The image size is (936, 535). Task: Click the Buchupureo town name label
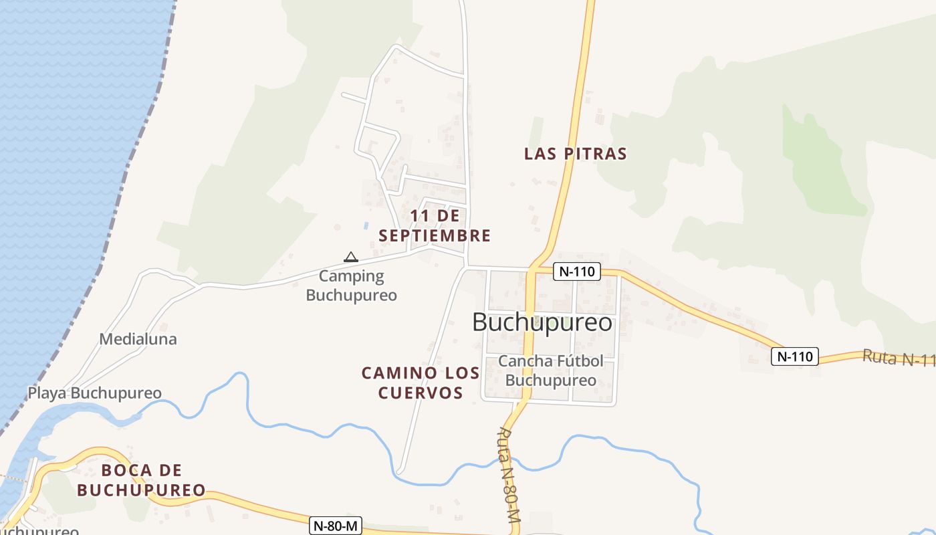(542, 322)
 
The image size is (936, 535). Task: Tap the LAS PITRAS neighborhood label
(575, 154)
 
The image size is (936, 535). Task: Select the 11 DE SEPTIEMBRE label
(435, 226)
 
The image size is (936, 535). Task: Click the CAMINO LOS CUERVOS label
(421, 383)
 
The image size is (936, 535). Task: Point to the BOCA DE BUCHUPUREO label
(141, 480)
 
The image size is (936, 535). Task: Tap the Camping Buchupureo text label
(352, 286)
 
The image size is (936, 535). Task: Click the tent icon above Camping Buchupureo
(350, 257)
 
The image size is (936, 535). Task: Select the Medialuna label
(138, 339)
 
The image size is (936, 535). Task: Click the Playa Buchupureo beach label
(94, 393)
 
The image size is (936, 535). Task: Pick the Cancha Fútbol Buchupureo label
(551, 370)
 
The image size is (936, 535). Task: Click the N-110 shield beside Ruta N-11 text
(794, 356)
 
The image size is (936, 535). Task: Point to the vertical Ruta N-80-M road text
(508, 475)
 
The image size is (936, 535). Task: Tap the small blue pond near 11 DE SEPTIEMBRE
(366, 225)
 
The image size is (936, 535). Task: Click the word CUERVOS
(421, 393)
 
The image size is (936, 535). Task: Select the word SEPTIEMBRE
(435, 236)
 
